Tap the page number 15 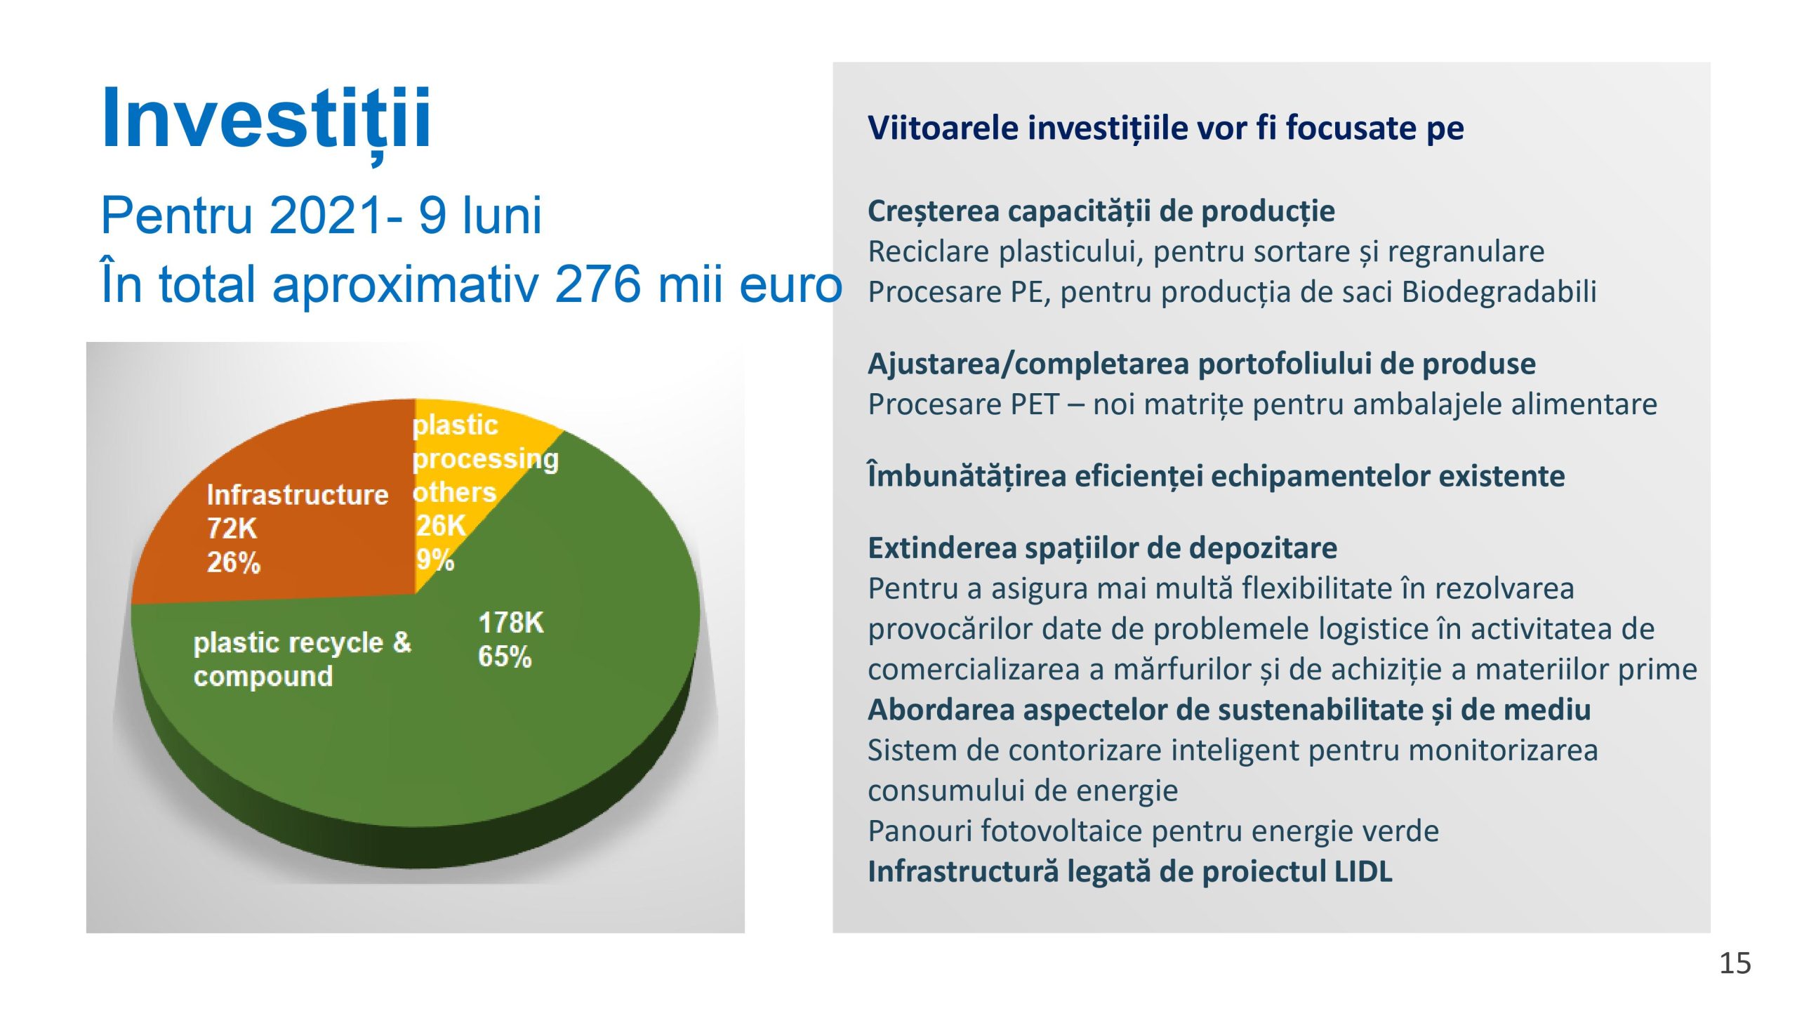click(x=1735, y=963)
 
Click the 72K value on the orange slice click(x=232, y=529)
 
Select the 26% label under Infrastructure click(x=233, y=562)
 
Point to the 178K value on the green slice click(x=510, y=623)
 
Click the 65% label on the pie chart click(x=504, y=656)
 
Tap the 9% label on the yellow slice click(x=435, y=560)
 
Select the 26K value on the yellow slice click(x=441, y=525)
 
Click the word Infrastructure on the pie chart click(x=297, y=495)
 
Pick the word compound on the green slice click(x=263, y=676)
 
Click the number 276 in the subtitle click(x=597, y=284)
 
